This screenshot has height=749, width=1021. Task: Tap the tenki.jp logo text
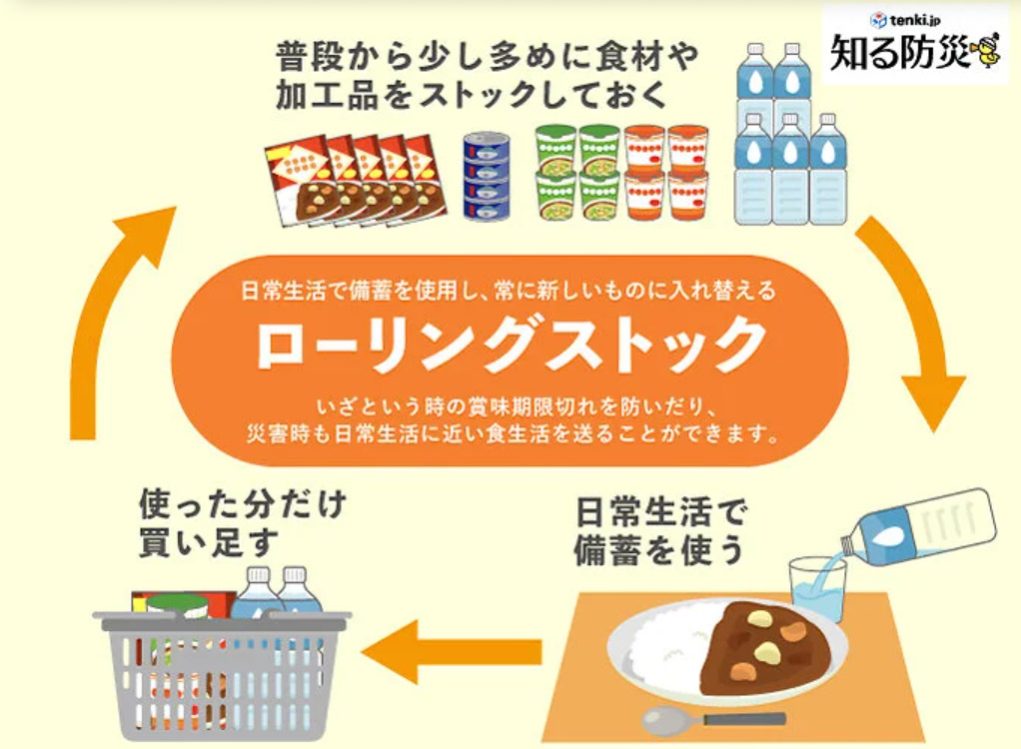pyautogui.click(x=907, y=20)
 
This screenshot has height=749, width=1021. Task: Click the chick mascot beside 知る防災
pyautogui.click(x=986, y=49)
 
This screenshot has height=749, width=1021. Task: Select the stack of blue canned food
pyautogui.click(x=487, y=176)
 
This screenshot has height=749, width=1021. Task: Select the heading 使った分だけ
pyautogui.click(x=242, y=505)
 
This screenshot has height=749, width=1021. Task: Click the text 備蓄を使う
pyautogui.click(x=659, y=550)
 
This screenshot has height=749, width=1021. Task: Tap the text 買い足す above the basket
pyautogui.click(x=209, y=542)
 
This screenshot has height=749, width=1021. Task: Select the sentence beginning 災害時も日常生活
pyautogui.click(x=512, y=434)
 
